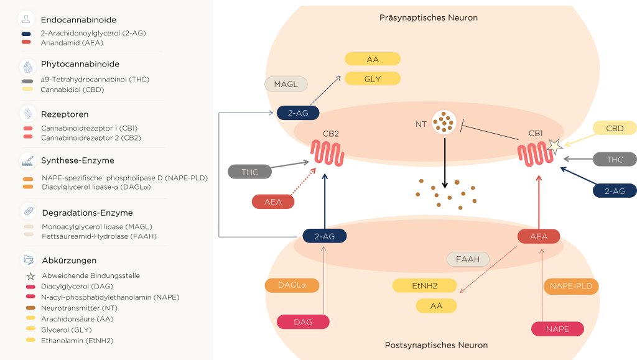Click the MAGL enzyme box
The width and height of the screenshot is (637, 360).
click(286, 84)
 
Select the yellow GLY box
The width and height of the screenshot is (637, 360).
click(373, 79)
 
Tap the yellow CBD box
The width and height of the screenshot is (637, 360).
click(615, 129)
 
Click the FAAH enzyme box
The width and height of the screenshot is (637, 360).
click(468, 259)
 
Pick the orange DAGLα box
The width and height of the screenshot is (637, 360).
click(292, 285)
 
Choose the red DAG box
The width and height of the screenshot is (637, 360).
click(303, 322)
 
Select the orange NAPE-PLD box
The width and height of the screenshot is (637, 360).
click(571, 286)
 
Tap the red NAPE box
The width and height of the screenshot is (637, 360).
click(557, 329)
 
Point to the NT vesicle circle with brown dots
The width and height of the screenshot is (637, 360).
click(444, 122)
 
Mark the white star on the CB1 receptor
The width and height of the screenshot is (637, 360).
click(553, 146)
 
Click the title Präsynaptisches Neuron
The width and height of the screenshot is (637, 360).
click(429, 18)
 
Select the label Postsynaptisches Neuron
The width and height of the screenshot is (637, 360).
click(436, 345)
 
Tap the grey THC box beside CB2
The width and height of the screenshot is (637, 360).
click(249, 172)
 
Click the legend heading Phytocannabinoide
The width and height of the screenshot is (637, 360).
click(80, 64)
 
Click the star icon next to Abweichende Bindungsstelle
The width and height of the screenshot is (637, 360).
click(30, 275)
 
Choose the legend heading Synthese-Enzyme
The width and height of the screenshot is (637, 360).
click(77, 160)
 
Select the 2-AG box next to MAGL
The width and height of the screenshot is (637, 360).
click(298, 113)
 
